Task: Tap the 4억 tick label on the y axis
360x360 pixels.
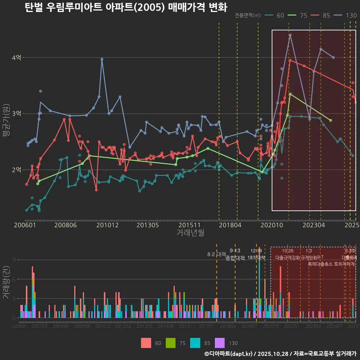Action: coord(16,57)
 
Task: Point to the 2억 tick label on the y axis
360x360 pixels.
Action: coord(16,169)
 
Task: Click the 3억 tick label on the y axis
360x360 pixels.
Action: coord(16,114)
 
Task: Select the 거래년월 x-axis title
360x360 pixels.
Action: coord(190,232)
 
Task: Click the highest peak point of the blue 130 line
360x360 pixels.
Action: coord(290,35)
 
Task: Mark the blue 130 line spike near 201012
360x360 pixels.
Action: coord(102,59)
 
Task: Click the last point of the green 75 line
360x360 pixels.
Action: coord(330,120)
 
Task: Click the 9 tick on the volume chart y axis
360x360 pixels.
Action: coord(13,260)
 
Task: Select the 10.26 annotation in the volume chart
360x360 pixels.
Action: coord(288,251)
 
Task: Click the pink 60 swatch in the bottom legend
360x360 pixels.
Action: coord(146,343)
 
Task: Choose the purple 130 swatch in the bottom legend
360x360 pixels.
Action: coord(220,343)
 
